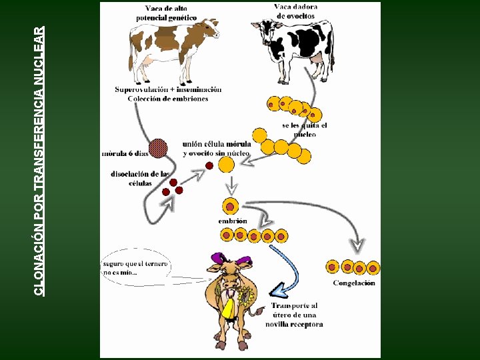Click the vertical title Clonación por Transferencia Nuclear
pos(39,161)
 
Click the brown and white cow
pos(173,51)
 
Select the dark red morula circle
pos(158,148)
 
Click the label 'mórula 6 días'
pos(125,153)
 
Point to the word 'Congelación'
pos(354,283)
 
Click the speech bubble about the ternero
pos(136,267)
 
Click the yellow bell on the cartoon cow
pos(229,309)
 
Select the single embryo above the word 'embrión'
pos(230,206)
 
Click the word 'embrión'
pos(233,221)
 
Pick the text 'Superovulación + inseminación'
pos(168,89)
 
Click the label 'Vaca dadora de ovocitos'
pos(295,11)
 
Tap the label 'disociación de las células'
pos(140,179)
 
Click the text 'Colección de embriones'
pos(168,99)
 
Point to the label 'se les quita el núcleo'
pos(305,130)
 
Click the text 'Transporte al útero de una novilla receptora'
pos(294,315)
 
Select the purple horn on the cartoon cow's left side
pos(218,257)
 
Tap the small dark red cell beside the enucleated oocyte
pos(209,165)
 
